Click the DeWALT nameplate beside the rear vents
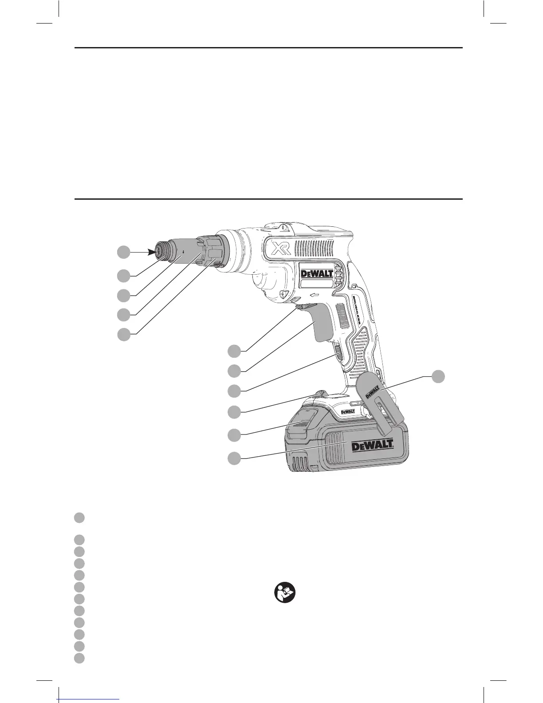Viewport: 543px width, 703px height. point(317,274)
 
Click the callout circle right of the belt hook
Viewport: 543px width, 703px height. point(438,375)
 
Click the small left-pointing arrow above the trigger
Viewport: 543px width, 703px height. point(315,294)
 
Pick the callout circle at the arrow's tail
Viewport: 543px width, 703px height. point(124,252)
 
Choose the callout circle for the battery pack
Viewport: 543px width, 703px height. point(234,458)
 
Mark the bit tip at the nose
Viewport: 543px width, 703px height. point(158,252)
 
